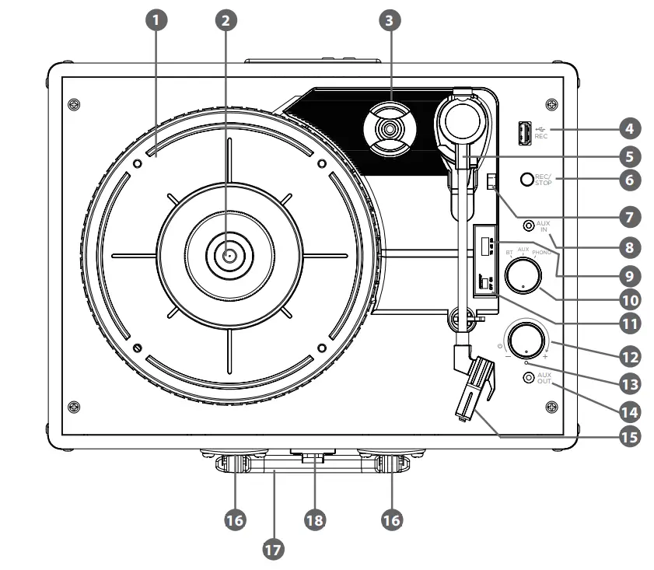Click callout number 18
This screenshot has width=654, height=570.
pos(313,520)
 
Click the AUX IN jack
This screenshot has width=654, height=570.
pos(530,226)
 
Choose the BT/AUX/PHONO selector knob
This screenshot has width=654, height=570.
pos(523,275)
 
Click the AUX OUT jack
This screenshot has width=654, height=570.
pos(530,378)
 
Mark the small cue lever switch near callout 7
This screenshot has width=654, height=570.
pos(490,182)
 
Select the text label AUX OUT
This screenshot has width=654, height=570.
pos(544,379)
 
